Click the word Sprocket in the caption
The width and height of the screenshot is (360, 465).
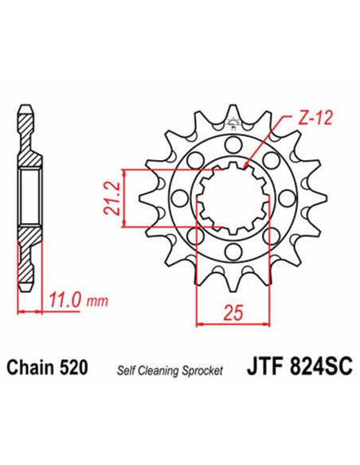202,370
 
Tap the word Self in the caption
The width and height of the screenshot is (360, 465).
127,370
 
